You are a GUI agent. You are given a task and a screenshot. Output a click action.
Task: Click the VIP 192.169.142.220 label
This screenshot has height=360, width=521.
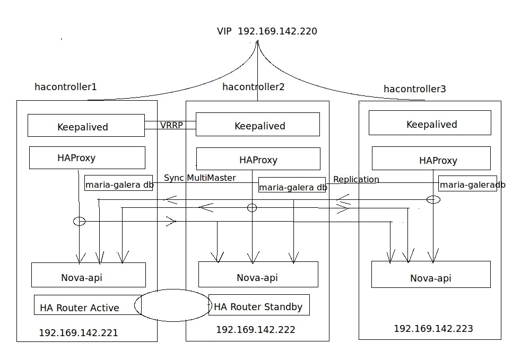pos(267,31)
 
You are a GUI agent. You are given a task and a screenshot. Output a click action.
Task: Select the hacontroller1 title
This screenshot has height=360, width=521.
pos(65,87)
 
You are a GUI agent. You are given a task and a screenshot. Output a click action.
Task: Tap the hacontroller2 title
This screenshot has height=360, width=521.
pos(253,87)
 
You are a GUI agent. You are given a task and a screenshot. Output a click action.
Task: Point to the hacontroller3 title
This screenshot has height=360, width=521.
pos(414,89)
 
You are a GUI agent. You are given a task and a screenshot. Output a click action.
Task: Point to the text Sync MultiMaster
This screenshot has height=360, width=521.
pos(199,178)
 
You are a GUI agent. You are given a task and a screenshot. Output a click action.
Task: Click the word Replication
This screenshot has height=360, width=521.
pos(356,179)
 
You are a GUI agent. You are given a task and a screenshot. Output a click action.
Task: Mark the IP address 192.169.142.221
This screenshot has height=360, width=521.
pos(79,333)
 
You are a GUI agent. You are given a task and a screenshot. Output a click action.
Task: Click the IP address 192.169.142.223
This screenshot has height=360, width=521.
pos(433,329)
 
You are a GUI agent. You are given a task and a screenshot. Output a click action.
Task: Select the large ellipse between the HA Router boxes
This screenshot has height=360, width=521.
pos(173,305)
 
